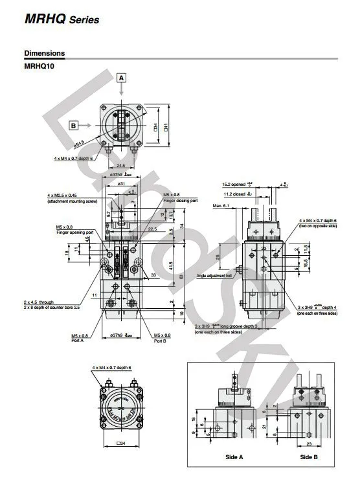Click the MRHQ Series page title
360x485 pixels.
click(62, 19)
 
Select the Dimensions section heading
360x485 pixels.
click(44, 53)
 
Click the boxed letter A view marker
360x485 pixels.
click(121, 78)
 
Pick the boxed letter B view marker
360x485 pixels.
click(74, 125)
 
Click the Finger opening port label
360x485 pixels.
click(75, 232)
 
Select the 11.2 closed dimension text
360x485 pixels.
click(238, 194)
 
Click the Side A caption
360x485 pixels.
click(234, 457)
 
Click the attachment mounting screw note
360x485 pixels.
click(73, 201)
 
